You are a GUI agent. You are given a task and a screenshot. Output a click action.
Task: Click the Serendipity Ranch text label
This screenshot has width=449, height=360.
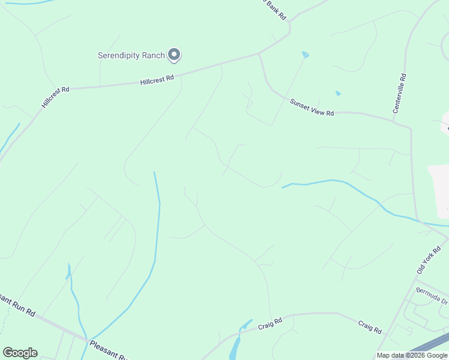[x=131, y=55]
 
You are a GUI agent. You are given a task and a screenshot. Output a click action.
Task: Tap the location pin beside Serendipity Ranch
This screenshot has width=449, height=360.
[x=174, y=55]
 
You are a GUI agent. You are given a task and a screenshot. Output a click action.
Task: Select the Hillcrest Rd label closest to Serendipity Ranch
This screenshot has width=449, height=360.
[x=157, y=79]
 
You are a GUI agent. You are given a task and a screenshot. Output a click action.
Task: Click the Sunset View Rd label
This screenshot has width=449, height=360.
[x=312, y=107]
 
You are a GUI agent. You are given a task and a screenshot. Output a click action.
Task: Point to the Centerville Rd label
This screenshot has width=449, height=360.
[x=400, y=94]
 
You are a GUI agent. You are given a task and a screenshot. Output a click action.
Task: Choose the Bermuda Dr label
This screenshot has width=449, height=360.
[x=432, y=298]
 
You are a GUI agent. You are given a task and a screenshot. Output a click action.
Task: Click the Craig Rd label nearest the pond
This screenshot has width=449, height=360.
[x=270, y=325]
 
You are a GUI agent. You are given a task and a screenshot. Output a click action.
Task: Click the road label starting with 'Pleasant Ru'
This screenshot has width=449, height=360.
[x=109, y=350]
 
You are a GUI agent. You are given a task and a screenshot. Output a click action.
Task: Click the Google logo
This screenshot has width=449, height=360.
[x=20, y=352]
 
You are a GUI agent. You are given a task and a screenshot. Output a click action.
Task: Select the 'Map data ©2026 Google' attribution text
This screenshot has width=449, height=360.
[x=412, y=355]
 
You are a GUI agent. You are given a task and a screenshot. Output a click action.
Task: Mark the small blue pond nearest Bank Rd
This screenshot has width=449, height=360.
[x=306, y=55]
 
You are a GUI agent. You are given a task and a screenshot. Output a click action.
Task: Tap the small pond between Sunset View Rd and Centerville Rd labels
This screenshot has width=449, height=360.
[x=338, y=93]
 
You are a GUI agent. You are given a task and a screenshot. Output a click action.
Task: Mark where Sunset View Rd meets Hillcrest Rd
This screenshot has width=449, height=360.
[x=259, y=54]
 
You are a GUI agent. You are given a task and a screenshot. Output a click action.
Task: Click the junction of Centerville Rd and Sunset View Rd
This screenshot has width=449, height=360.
[x=411, y=127]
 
